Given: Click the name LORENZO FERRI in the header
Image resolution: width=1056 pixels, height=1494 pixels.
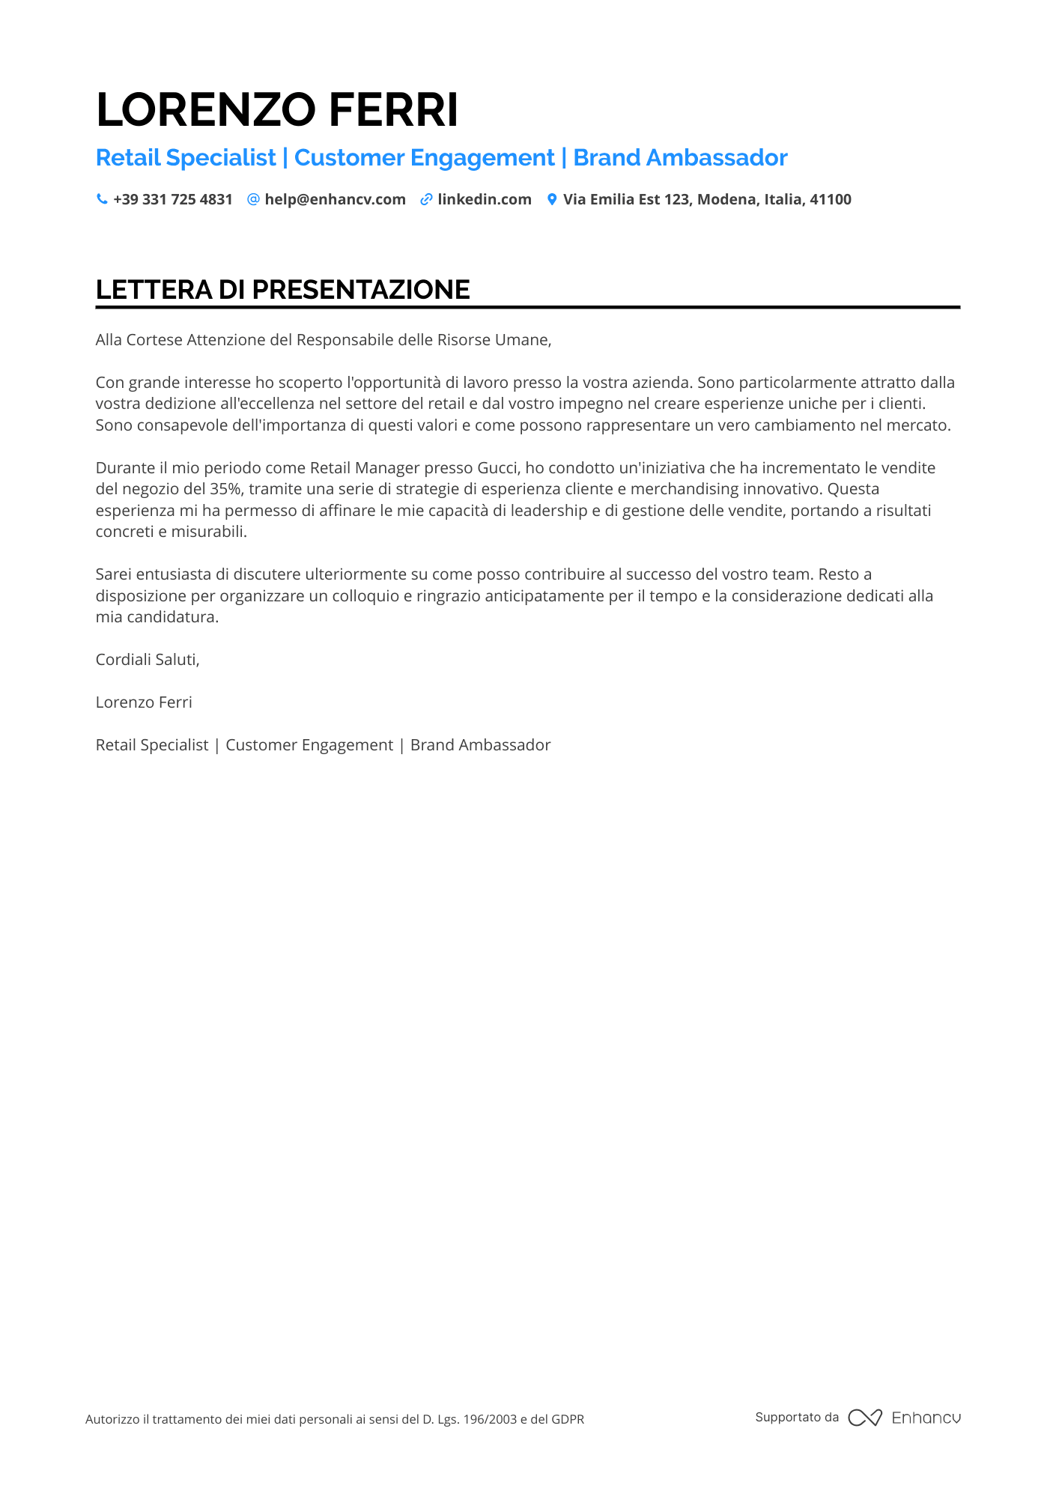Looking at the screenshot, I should [277, 109].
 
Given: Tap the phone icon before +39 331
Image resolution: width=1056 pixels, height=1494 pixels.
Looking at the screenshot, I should [102, 199].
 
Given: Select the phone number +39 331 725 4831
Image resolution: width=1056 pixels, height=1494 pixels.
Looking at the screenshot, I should [173, 199].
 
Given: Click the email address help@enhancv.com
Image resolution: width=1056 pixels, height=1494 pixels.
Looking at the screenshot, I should [335, 199].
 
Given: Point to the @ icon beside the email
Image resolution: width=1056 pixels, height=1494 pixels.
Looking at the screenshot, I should [253, 199].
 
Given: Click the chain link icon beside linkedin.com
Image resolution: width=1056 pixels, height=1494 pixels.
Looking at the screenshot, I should [426, 199].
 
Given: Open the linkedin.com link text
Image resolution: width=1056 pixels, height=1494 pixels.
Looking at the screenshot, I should [485, 199].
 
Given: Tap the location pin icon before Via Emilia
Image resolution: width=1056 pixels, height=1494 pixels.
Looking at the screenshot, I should [552, 199].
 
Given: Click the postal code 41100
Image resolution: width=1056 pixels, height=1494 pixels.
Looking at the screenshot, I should [831, 199].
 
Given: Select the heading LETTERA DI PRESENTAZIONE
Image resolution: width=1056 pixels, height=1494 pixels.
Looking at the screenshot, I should [283, 290].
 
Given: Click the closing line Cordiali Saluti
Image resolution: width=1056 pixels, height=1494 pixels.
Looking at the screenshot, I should [148, 660].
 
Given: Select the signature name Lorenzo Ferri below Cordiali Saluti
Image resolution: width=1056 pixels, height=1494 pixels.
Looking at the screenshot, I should [144, 702].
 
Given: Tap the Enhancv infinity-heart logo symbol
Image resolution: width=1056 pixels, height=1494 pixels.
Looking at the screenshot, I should [865, 1418].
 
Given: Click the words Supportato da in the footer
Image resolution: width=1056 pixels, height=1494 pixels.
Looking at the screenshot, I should [797, 1417].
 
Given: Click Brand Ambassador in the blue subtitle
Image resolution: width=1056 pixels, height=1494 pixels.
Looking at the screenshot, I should [680, 158].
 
